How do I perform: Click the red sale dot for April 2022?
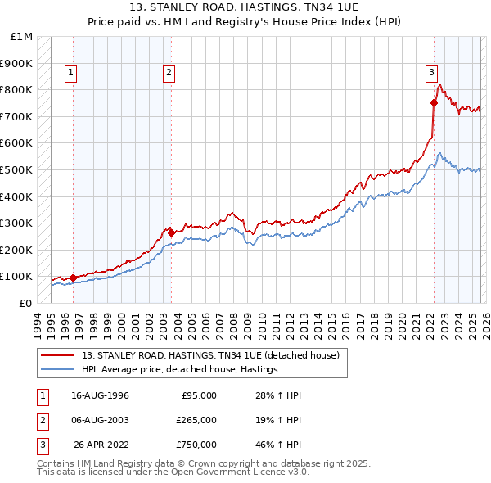(x=434, y=102)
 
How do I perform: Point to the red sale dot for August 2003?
(x=171, y=232)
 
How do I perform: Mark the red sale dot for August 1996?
(x=74, y=278)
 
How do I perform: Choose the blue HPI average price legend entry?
(x=180, y=370)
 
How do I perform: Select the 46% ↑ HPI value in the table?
(x=278, y=445)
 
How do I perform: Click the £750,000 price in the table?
(x=196, y=445)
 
